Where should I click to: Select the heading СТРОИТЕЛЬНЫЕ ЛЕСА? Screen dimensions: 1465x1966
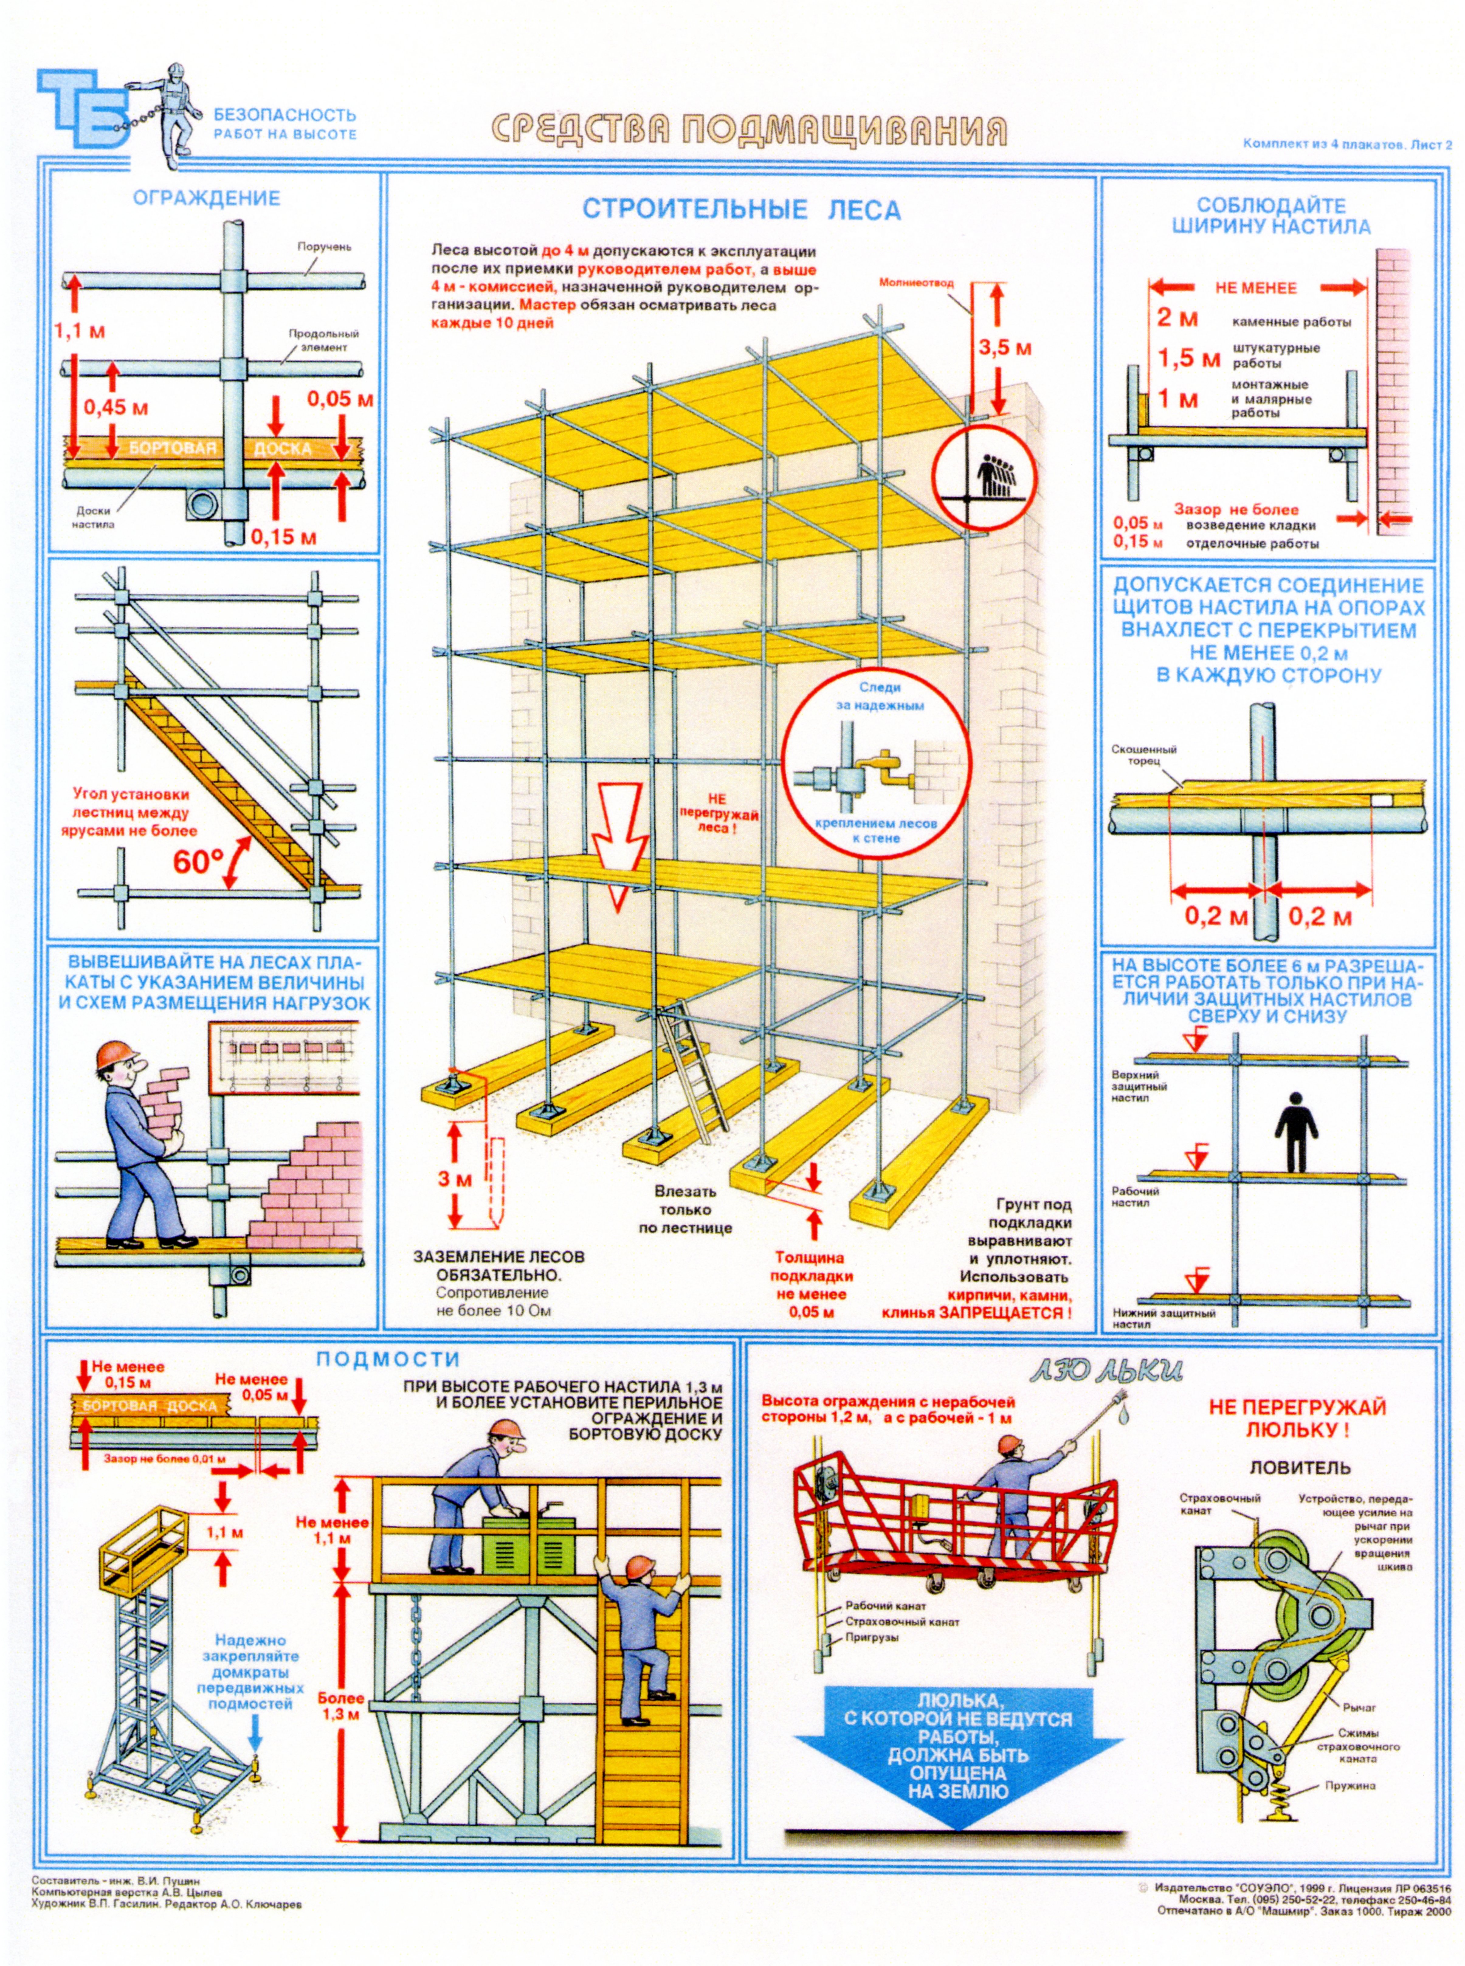point(741,210)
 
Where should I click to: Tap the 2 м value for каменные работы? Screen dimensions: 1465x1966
point(1178,318)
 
